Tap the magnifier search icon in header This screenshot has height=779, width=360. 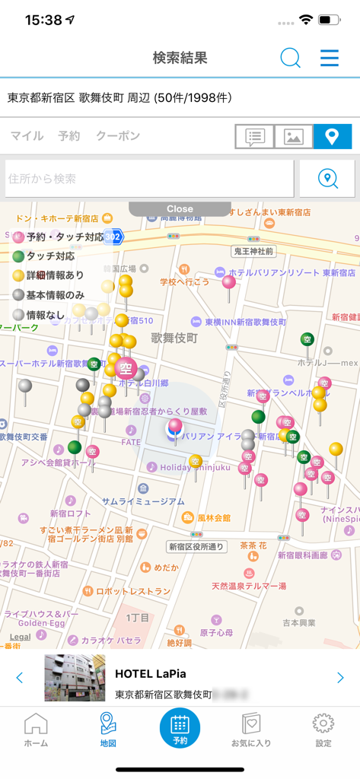(x=290, y=58)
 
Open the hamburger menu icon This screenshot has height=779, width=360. (x=330, y=58)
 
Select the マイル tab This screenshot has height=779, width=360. (x=27, y=136)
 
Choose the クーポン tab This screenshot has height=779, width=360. (x=118, y=136)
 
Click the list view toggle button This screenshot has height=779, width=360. (x=254, y=137)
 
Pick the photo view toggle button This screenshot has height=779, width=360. (x=294, y=137)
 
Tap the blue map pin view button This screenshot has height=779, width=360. (x=332, y=137)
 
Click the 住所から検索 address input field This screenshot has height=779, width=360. (x=149, y=179)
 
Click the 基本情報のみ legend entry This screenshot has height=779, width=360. (x=50, y=295)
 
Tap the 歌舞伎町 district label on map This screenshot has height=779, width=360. (x=174, y=337)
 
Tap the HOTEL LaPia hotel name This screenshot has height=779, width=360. (x=151, y=673)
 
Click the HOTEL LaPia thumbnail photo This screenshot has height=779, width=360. (x=75, y=677)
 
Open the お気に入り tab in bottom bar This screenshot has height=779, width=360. (x=250, y=730)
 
